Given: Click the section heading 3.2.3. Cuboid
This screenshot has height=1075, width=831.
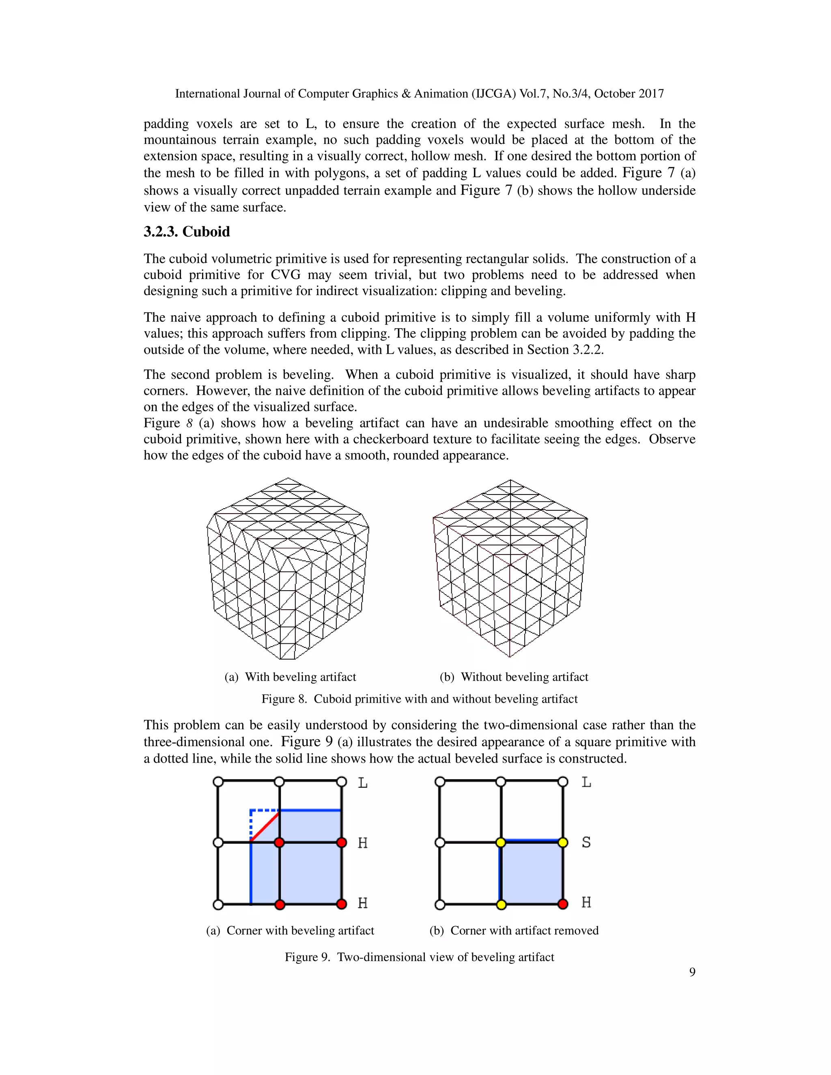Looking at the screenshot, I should click(187, 232).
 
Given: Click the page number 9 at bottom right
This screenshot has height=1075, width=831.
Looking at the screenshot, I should click(692, 972).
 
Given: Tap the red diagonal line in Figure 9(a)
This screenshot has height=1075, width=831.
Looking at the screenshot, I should click(265, 826).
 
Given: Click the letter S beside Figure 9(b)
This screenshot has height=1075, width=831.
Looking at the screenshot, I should click(586, 843).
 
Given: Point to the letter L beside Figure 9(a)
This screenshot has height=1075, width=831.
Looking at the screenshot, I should click(362, 783).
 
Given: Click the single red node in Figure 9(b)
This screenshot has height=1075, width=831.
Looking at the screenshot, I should click(563, 904).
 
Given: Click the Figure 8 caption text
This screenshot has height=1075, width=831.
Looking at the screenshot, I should click(419, 699).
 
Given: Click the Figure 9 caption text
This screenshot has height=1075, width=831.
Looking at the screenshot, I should click(419, 957).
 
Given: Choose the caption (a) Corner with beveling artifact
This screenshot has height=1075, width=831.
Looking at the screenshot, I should click(290, 930).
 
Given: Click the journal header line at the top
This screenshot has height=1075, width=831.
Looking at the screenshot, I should click(419, 94).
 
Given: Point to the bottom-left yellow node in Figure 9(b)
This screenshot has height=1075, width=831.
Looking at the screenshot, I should click(501, 904).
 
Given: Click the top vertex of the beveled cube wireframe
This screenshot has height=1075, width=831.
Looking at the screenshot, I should click(288, 478).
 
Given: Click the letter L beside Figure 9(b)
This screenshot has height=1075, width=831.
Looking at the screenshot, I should click(586, 782).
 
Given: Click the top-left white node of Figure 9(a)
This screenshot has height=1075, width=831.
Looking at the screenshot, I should click(218, 782).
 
